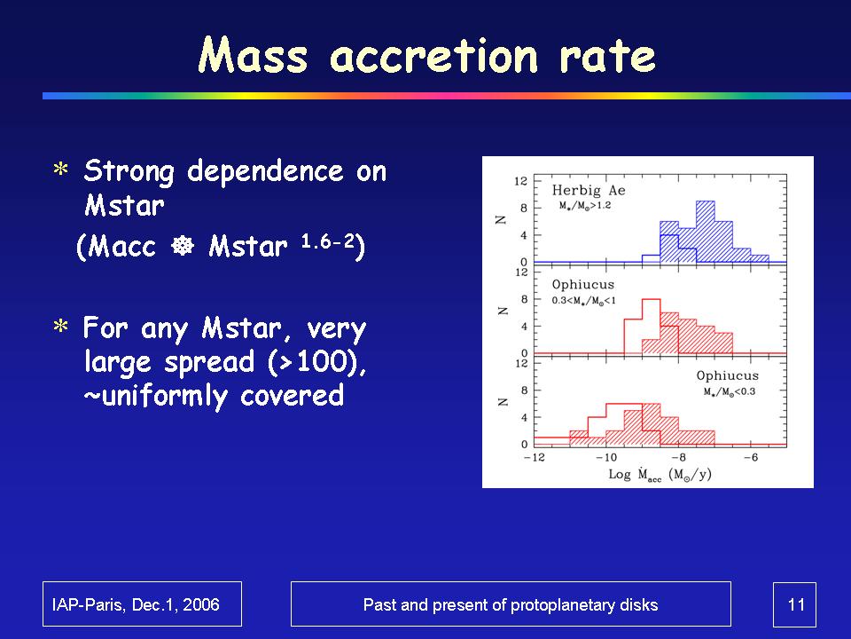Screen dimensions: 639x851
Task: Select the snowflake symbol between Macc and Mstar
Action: coord(183,247)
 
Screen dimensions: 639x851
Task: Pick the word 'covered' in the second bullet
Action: coord(292,395)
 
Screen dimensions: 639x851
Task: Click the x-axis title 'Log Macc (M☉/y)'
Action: coord(658,475)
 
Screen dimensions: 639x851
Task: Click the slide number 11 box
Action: coord(795,604)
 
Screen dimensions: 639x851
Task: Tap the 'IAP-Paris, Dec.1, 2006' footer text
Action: coord(142,604)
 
